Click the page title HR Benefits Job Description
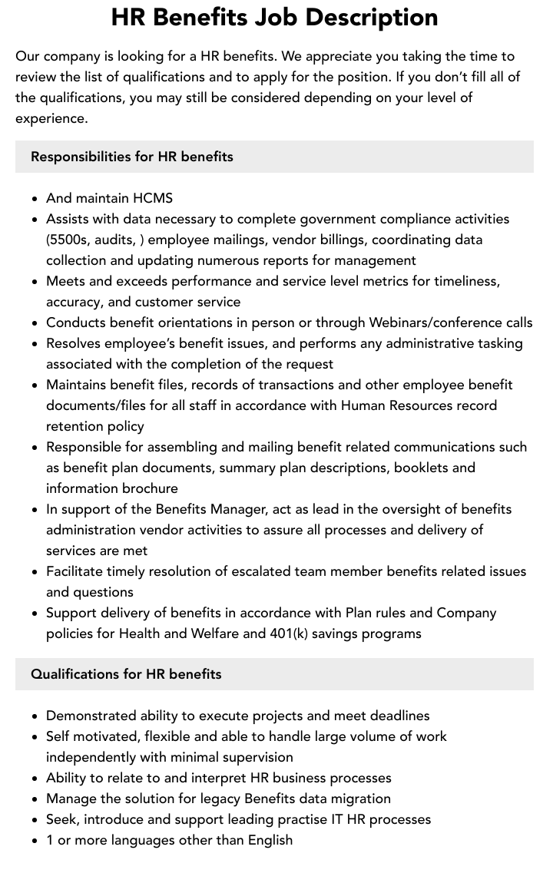[274, 17]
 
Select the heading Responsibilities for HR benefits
[131, 157]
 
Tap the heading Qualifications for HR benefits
[126, 674]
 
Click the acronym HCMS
[153, 198]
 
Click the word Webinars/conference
[435, 322]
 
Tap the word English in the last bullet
[270, 840]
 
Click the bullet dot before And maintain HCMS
[35, 199]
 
